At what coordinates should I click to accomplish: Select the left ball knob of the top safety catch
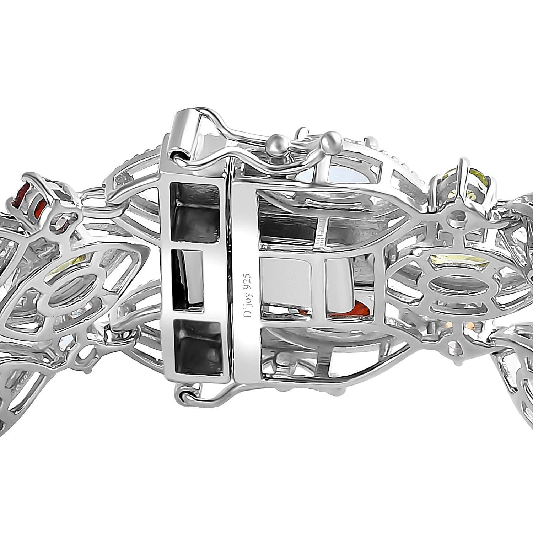point(279,142)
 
